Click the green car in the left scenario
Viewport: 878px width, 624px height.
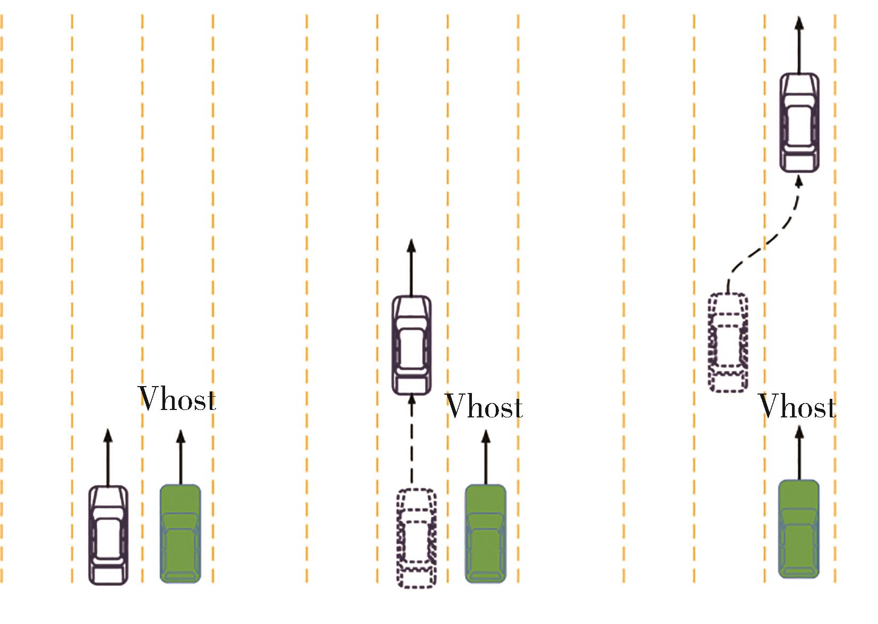pyautogui.click(x=180, y=533)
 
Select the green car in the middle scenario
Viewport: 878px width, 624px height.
pyautogui.click(x=485, y=533)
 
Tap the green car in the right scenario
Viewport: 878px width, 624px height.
pyautogui.click(x=798, y=529)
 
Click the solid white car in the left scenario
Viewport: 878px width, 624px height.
pyautogui.click(x=108, y=535)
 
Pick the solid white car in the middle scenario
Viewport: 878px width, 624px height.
pyautogui.click(x=411, y=345)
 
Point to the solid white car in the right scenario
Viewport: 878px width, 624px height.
pyautogui.click(x=799, y=123)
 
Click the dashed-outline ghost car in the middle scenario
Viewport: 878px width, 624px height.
pyautogui.click(x=417, y=537)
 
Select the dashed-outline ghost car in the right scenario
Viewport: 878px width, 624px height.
pyautogui.click(x=728, y=343)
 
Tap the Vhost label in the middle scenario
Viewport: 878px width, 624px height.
pyautogui.click(x=484, y=406)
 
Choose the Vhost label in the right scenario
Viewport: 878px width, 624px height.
pyautogui.click(x=797, y=406)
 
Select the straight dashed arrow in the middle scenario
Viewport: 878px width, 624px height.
pyautogui.click(x=411, y=441)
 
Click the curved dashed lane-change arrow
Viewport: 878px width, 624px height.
pyautogui.click(x=764, y=244)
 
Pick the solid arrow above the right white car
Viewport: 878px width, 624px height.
pyautogui.click(x=799, y=45)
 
